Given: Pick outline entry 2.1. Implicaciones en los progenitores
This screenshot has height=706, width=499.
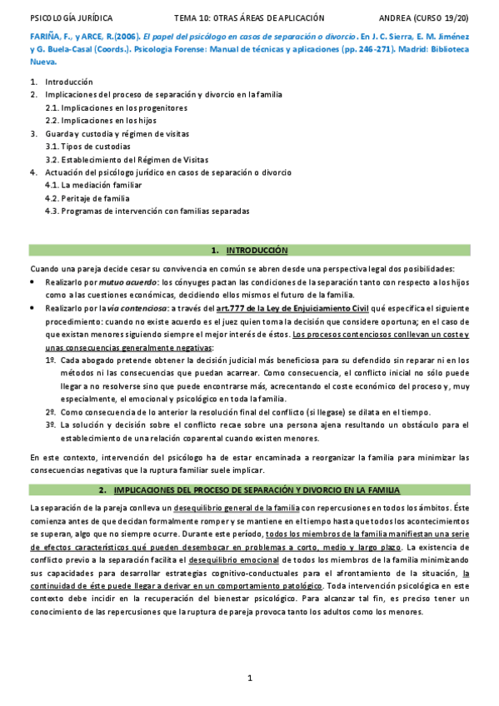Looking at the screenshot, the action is click(x=116, y=108).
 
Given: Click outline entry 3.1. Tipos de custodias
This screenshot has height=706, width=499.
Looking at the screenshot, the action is click(x=87, y=147).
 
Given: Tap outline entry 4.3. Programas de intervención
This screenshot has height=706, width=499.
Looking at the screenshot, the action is click(x=147, y=211).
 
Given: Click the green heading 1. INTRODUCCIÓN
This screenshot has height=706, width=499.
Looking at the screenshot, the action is click(x=250, y=250).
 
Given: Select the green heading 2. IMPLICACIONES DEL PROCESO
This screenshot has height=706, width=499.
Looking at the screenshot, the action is click(x=250, y=490).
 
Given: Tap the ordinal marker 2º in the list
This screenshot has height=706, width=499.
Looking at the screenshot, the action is click(x=51, y=411).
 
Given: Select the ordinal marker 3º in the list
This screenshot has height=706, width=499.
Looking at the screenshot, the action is click(x=51, y=425).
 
